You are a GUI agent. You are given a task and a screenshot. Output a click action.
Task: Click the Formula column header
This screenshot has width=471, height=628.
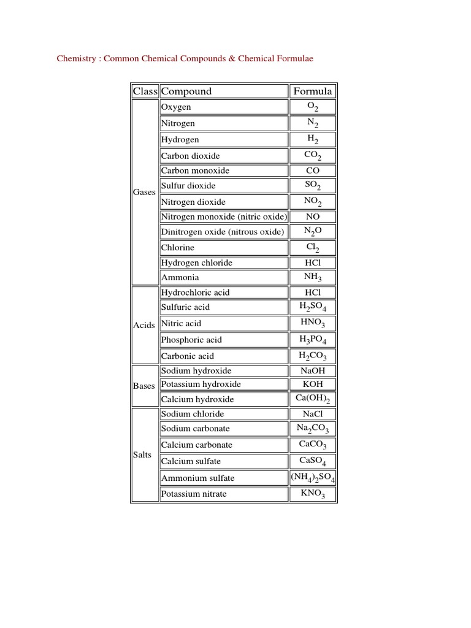(x=313, y=91)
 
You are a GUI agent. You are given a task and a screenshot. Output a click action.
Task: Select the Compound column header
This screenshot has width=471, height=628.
(x=186, y=91)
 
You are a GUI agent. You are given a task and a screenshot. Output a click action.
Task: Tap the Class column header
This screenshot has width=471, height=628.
(x=145, y=91)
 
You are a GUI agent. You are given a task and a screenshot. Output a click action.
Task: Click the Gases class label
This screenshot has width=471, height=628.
(x=144, y=192)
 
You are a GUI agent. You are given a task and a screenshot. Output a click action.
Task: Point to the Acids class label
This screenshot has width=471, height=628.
(x=144, y=325)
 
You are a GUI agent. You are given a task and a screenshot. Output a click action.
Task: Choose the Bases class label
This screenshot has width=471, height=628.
(x=144, y=386)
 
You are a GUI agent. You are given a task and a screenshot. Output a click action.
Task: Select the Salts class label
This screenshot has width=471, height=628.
(x=142, y=455)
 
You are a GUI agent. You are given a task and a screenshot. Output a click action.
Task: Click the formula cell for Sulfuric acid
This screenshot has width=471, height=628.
(x=313, y=307)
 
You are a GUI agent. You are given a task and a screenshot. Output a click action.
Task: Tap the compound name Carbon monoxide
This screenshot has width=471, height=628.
(x=195, y=170)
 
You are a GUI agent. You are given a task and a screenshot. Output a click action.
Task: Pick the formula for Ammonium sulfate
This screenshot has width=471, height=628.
(x=313, y=478)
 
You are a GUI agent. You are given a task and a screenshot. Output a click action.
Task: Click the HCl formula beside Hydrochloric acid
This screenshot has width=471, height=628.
(x=313, y=293)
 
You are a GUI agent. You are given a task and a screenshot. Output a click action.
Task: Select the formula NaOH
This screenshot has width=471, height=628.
(x=313, y=370)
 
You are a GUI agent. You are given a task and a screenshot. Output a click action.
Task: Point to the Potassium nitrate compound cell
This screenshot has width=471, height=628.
(x=193, y=494)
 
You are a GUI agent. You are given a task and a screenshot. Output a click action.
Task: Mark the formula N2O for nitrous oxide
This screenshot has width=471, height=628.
(x=313, y=231)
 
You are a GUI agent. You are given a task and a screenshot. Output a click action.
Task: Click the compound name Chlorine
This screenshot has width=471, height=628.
(x=177, y=248)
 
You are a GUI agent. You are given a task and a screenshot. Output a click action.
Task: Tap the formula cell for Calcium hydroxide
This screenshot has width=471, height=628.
(x=313, y=399)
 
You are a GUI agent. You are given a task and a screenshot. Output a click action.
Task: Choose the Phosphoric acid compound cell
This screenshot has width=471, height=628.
(x=191, y=340)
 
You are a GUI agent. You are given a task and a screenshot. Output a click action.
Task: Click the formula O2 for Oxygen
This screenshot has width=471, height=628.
(x=313, y=107)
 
